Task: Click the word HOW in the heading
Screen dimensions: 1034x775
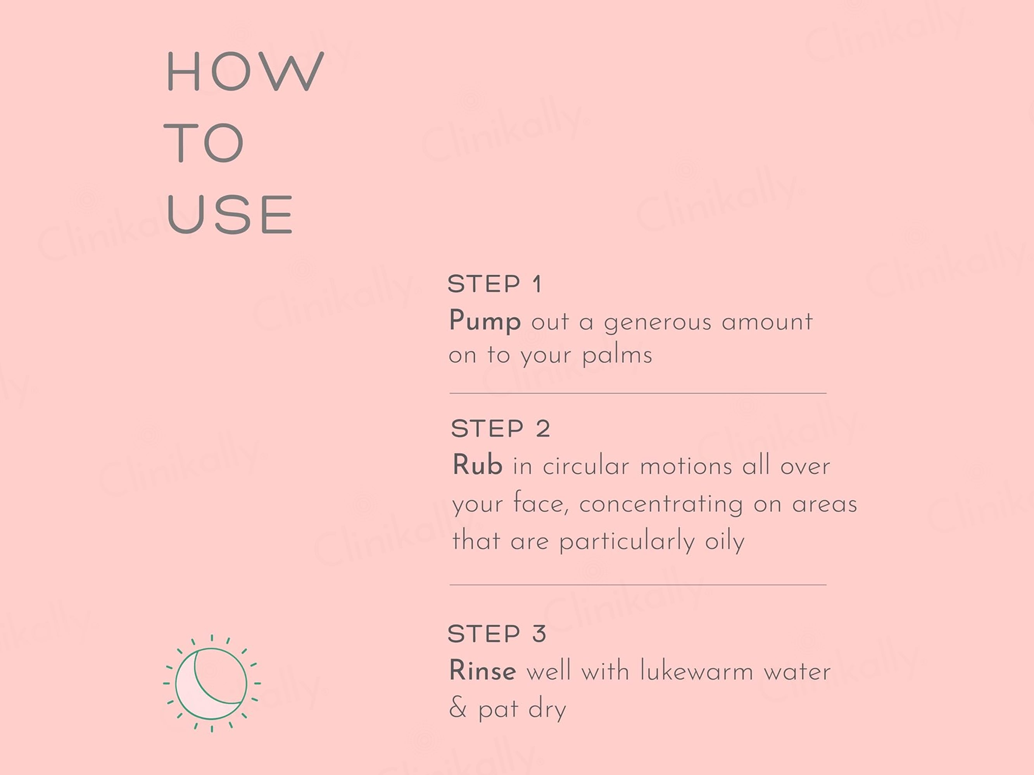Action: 245,71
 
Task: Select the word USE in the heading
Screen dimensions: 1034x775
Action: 230,214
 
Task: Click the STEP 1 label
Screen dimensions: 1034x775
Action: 495,284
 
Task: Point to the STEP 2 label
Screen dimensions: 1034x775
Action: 501,428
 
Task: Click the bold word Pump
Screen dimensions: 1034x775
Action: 485,321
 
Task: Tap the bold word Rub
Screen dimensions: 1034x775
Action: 477,465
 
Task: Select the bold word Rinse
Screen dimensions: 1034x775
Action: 482,671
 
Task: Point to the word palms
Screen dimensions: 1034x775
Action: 617,355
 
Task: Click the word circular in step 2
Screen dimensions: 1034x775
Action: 586,466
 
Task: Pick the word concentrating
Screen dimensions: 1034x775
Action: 661,505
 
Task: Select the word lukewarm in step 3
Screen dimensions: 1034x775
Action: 696,671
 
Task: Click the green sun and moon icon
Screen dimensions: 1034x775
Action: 212,683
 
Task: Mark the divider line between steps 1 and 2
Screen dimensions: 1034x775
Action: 638,393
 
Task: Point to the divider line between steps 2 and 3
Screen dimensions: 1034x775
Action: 638,584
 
